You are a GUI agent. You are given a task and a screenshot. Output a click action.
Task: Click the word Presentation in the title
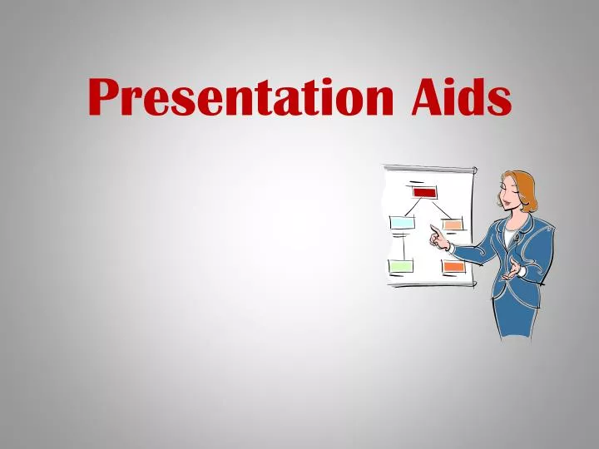point(241,98)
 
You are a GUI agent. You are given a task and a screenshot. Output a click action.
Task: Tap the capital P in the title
point(106,97)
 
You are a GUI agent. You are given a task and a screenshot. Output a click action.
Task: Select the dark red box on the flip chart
point(424,192)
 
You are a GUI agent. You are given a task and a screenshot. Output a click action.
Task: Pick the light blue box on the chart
point(401,223)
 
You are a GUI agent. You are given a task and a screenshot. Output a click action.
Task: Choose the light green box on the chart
point(401,267)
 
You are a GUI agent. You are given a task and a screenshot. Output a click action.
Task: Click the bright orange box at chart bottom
point(453,267)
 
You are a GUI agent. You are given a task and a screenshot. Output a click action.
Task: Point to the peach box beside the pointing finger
point(452,224)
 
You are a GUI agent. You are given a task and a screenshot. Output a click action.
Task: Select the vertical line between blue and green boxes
point(400,245)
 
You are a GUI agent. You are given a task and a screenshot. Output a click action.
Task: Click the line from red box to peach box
point(440,209)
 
